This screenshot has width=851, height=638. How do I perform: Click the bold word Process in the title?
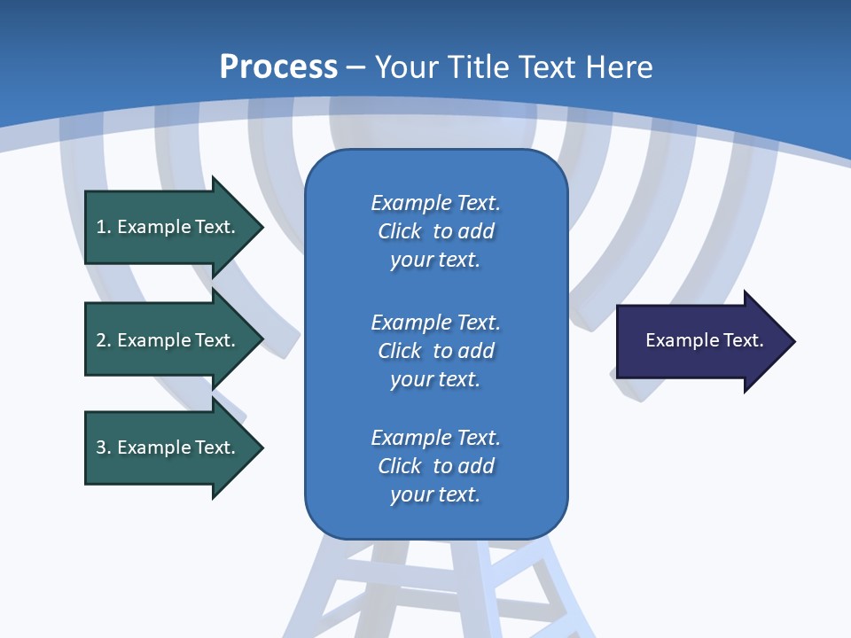pyautogui.click(x=278, y=67)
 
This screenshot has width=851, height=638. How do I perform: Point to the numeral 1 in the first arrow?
pyautogui.click(x=101, y=227)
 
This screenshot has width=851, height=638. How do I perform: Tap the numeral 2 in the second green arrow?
pyautogui.click(x=101, y=340)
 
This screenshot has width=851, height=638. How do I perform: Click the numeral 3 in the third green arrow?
pyautogui.click(x=101, y=447)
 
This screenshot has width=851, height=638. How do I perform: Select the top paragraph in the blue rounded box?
pyautogui.click(x=435, y=231)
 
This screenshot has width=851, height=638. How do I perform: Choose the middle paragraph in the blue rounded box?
pyautogui.click(x=435, y=350)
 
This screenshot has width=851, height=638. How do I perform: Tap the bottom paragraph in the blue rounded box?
pyautogui.click(x=435, y=466)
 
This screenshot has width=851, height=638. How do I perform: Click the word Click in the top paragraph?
pyautogui.click(x=399, y=231)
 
